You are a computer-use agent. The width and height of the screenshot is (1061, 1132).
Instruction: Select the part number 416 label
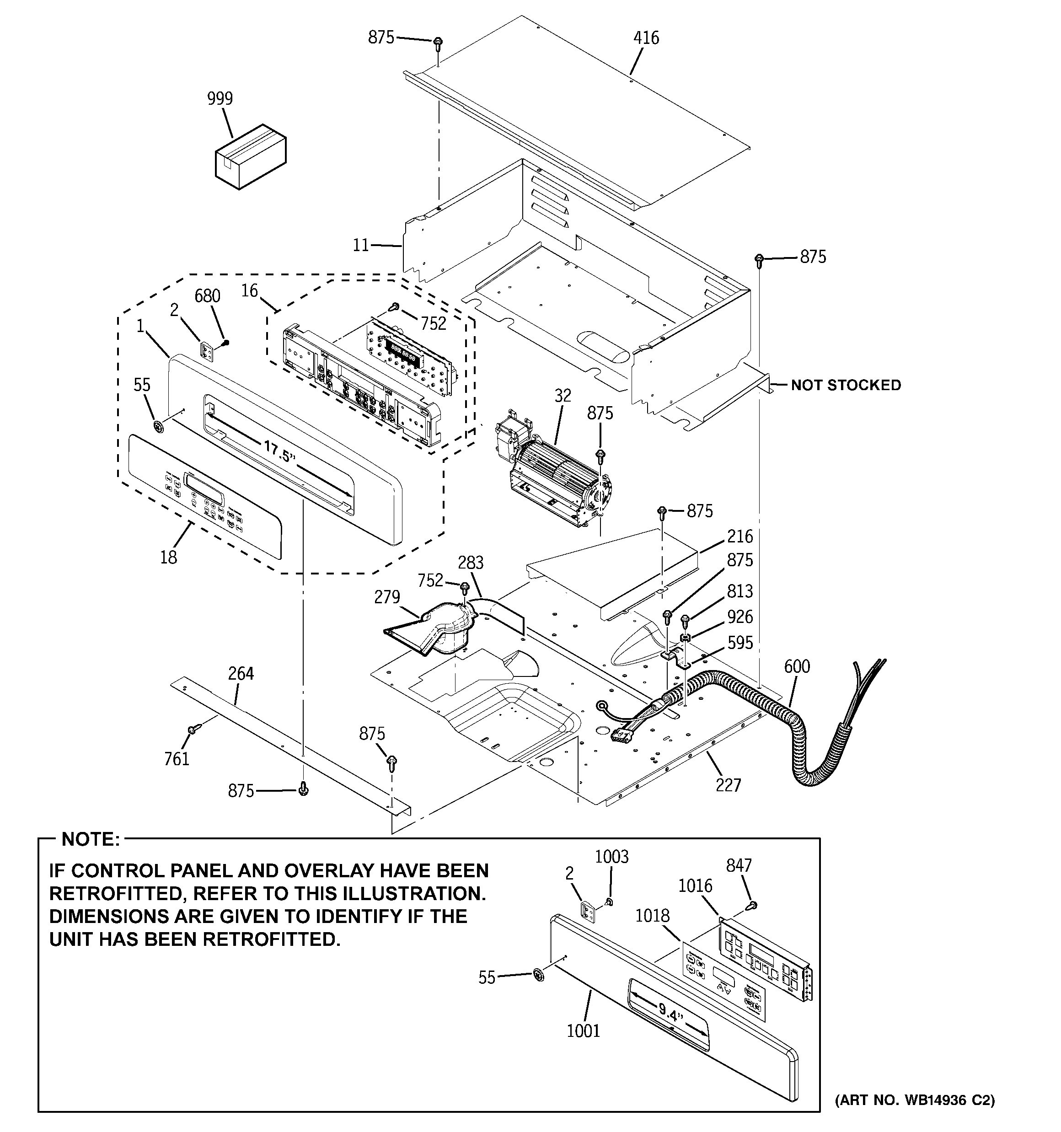pyautogui.click(x=646, y=38)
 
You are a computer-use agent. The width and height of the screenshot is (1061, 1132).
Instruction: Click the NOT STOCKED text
pyautogui.click(x=846, y=385)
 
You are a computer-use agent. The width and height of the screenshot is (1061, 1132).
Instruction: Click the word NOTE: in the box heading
pyautogui.click(x=91, y=839)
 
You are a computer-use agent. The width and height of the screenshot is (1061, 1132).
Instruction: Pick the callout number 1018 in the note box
pyautogui.click(x=652, y=916)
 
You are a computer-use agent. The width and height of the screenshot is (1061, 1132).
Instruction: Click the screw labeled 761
pyautogui.click(x=192, y=730)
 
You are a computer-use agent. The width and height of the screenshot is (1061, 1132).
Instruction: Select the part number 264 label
pyautogui.click(x=241, y=673)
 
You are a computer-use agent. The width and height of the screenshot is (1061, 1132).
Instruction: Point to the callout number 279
pyautogui.click(x=387, y=597)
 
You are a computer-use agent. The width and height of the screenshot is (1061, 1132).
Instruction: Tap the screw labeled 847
pyautogui.click(x=753, y=904)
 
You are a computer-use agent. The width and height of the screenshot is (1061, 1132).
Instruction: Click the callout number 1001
pyautogui.click(x=583, y=1030)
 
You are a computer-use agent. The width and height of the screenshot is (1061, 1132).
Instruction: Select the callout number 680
pyautogui.click(x=207, y=295)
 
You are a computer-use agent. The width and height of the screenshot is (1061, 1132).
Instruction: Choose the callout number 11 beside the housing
pyautogui.click(x=360, y=246)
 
